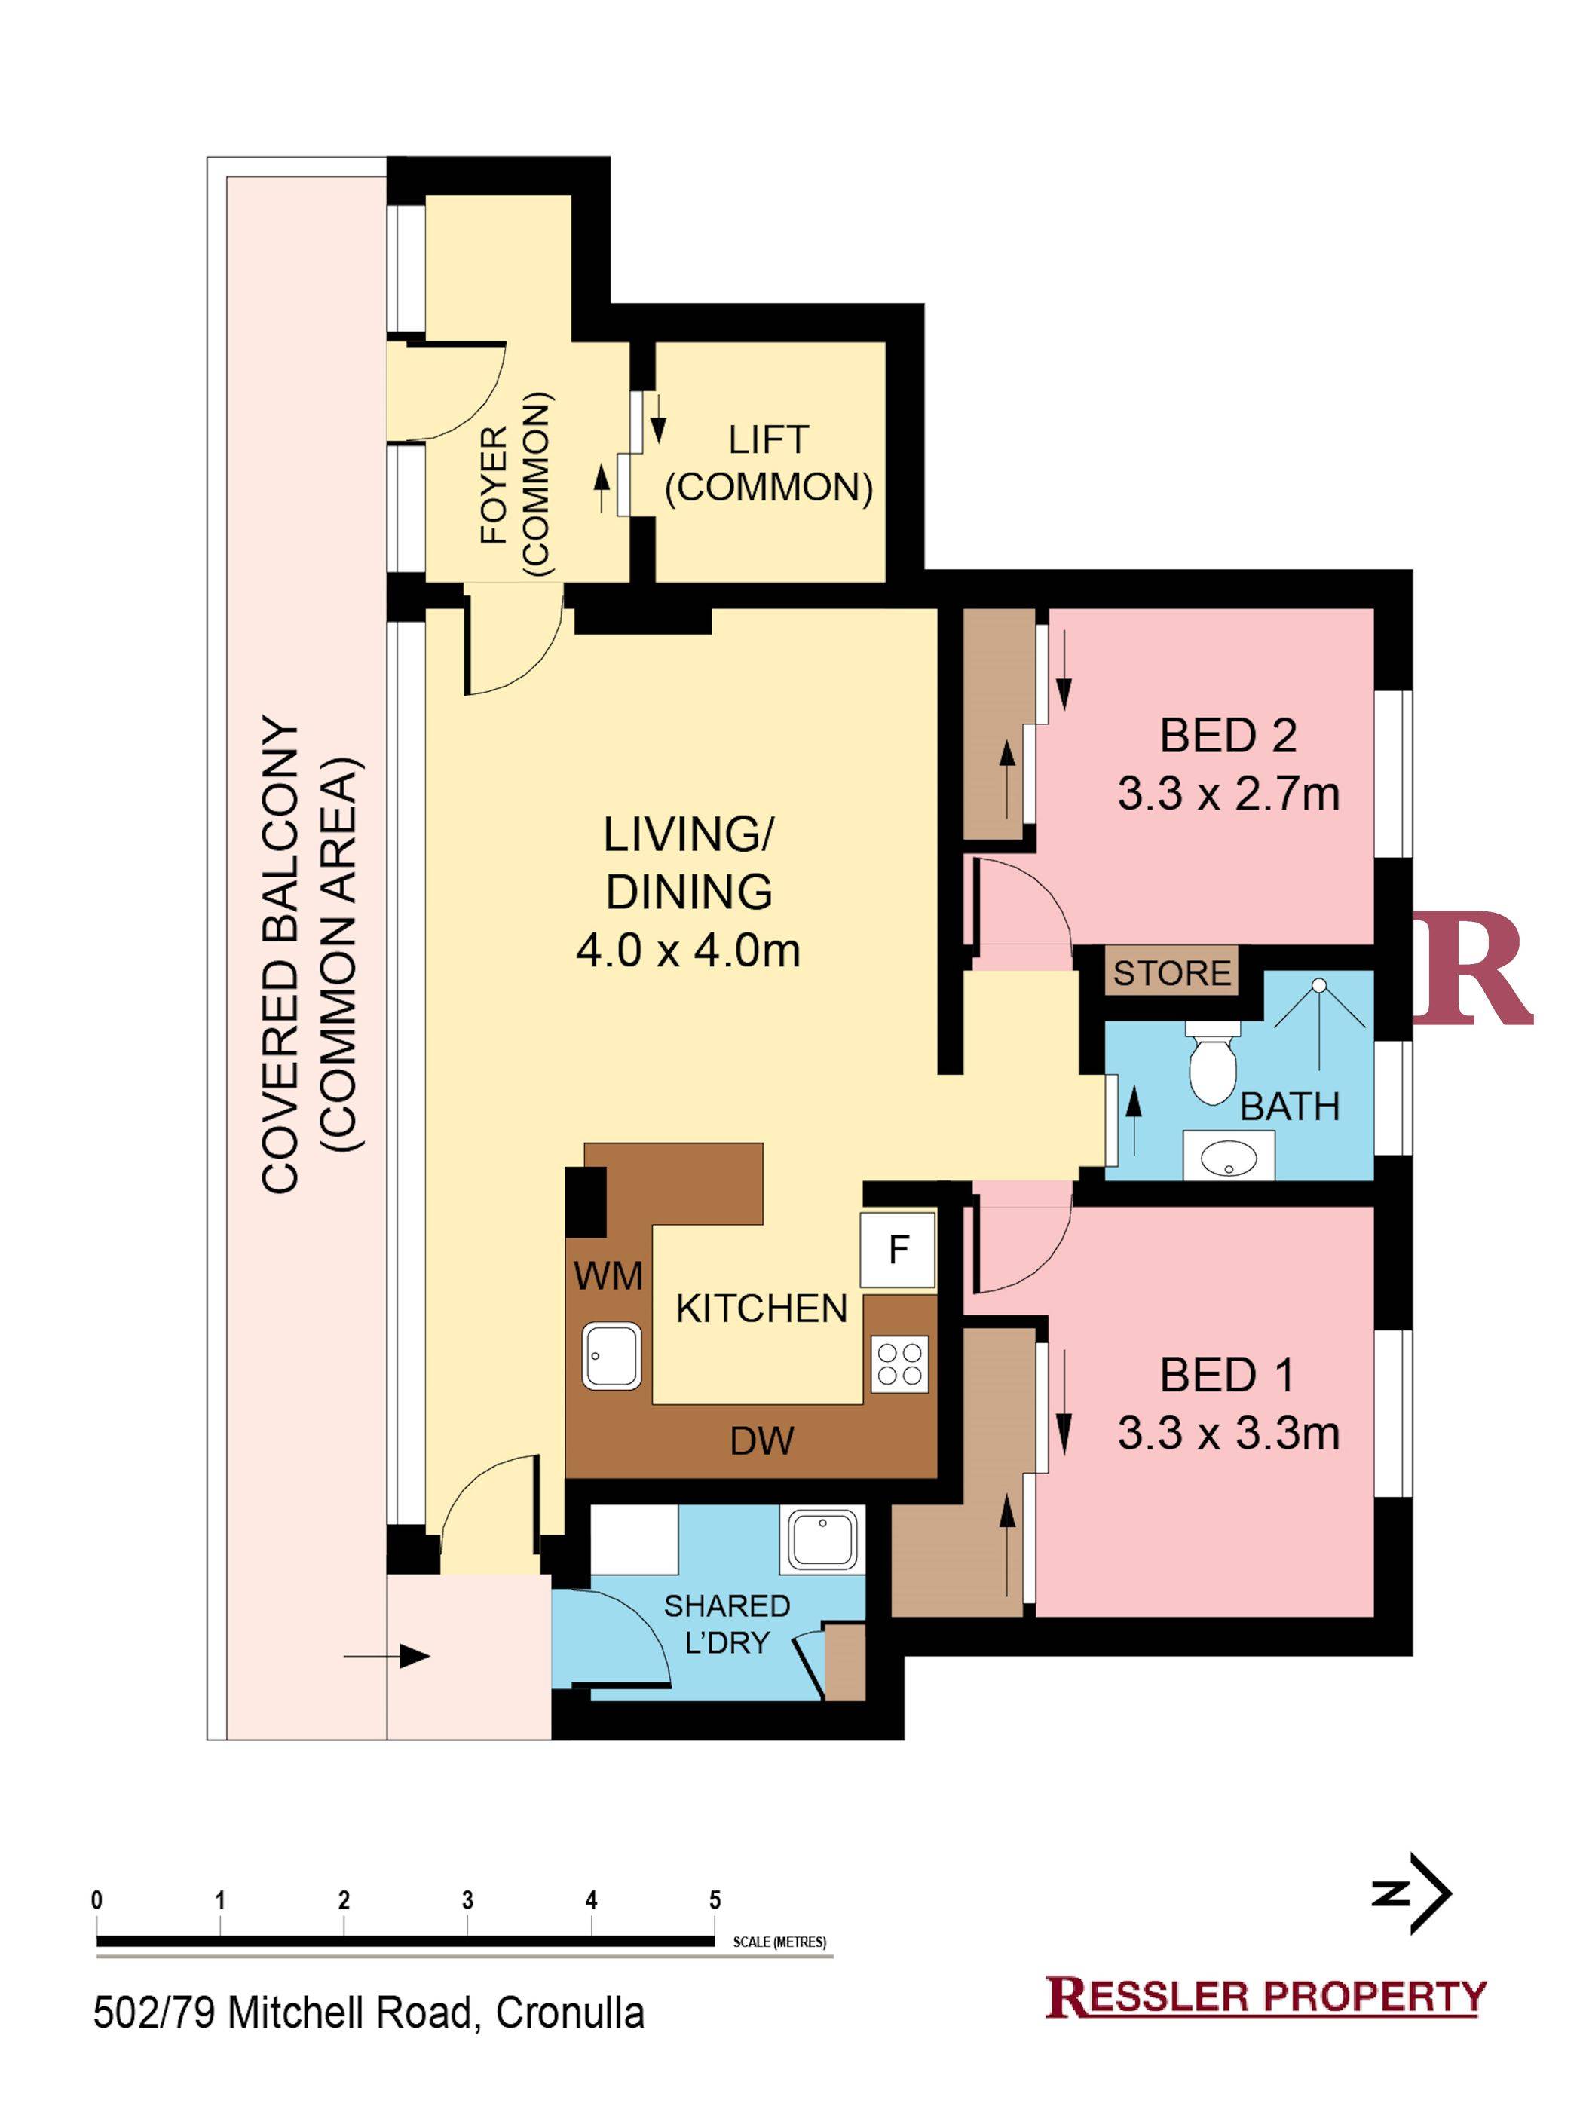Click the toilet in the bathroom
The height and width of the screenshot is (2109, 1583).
pos(1212,1061)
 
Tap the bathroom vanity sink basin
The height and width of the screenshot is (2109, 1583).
pos(1228,1156)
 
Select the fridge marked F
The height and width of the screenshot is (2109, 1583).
pos(897,1250)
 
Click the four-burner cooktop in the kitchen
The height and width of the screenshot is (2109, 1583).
pos(899,1364)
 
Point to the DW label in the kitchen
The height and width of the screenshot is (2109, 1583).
pos(761,1440)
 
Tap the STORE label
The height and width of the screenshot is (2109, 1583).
pos(1172,973)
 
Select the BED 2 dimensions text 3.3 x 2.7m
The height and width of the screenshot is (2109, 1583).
pos(1228,793)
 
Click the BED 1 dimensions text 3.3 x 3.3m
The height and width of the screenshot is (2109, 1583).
pos(1228,1433)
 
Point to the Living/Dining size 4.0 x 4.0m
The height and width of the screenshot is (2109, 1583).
pos(687,950)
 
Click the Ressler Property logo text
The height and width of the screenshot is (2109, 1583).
pos(1266,1997)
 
